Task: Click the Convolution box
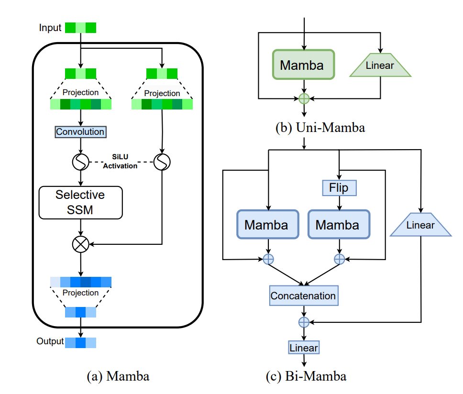pos(80,132)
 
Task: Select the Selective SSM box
pos(80,202)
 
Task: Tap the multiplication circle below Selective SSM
pos(80,244)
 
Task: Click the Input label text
pos(50,28)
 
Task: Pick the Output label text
pos(50,341)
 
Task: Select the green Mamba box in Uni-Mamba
pos(304,66)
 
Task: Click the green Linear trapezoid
pos(381,66)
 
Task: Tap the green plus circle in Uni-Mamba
pos(304,99)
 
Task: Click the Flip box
pos(339,187)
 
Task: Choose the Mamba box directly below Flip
pos(339,224)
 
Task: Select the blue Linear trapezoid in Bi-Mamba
pos(421,225)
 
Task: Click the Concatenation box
pos(303,295)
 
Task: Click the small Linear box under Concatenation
pos(303,348)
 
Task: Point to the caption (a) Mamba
pos(118,376)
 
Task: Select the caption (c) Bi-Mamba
pos(306,376)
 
